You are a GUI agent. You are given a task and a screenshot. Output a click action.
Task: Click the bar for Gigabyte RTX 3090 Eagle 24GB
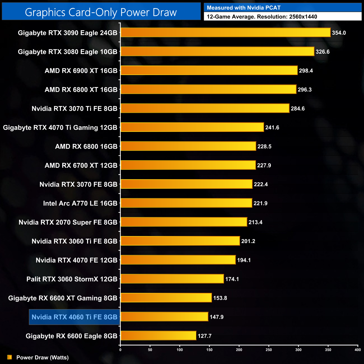[225, 32]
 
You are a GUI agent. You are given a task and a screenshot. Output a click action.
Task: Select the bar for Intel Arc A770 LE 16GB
[186, 203]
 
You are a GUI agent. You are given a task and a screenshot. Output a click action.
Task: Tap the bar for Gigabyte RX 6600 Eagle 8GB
[158, 335]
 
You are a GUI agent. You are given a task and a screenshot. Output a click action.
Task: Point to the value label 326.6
[323, 52]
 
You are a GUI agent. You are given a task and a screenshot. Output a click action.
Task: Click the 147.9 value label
[216, 317]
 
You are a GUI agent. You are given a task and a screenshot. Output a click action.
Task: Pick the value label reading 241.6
[272, 128]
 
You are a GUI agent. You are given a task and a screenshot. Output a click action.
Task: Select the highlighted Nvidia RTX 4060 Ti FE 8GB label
[74, 317]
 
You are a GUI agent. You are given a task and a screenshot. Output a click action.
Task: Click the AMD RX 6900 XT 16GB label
[81, 71]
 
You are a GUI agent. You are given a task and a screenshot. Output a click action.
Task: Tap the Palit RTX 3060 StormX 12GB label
[72, 279]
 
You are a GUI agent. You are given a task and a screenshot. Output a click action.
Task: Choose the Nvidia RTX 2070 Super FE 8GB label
[68, 222]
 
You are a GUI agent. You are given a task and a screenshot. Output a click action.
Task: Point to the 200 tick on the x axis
[239, 350]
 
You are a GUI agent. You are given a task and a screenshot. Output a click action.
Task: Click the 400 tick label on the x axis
[358, 350]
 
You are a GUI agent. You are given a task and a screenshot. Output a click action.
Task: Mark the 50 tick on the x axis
[150, 350]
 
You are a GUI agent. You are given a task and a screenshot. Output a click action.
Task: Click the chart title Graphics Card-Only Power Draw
[101, 12]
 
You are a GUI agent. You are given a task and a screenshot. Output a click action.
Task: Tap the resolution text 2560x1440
[303, 17]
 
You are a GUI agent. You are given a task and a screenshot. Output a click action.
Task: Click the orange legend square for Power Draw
[10, 357]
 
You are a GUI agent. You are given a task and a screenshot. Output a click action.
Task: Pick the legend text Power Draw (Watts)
[43, 358]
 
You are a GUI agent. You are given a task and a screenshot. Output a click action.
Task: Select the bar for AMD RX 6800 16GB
[188, 146]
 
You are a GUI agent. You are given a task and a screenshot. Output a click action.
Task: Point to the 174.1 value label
[232, 279]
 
